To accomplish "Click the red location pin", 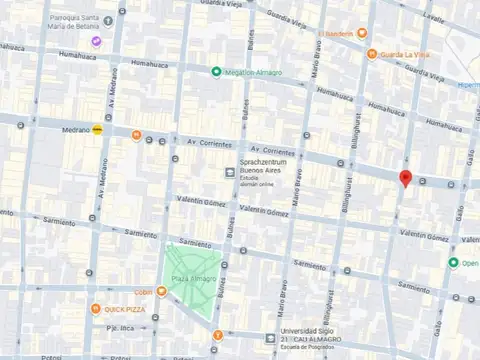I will point(405,178).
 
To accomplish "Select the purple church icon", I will point(96,41).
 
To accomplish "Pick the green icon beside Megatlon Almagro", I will point(216,70).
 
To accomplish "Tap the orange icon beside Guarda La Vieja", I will point(372,54).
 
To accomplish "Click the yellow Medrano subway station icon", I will point(97,129).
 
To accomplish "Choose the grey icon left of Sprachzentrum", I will point(230,172).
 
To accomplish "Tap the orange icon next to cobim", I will point(160,290).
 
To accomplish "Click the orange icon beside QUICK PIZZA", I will point(95,309).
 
